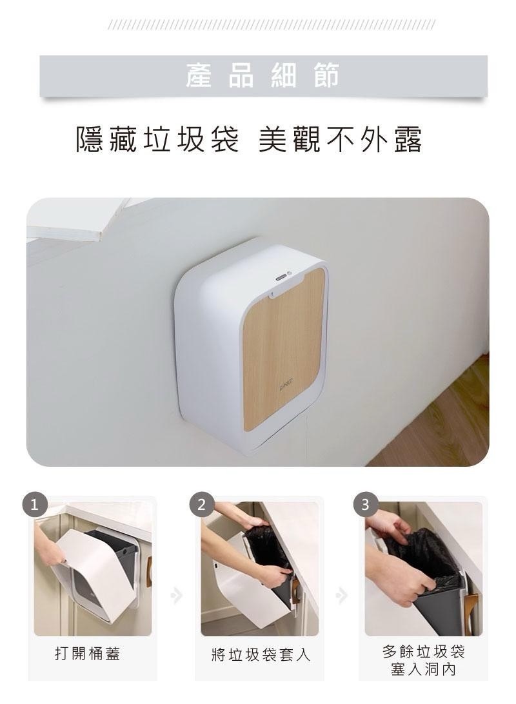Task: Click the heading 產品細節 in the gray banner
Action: tap(263, 75)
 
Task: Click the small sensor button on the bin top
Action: tap(281, 277)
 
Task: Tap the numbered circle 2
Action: tap(201, 505)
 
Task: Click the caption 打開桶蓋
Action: tap(88, 654)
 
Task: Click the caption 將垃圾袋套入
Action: tap(261, 654)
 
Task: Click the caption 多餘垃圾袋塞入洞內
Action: tap(424, 660)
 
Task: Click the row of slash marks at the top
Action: tap(272, 24)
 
